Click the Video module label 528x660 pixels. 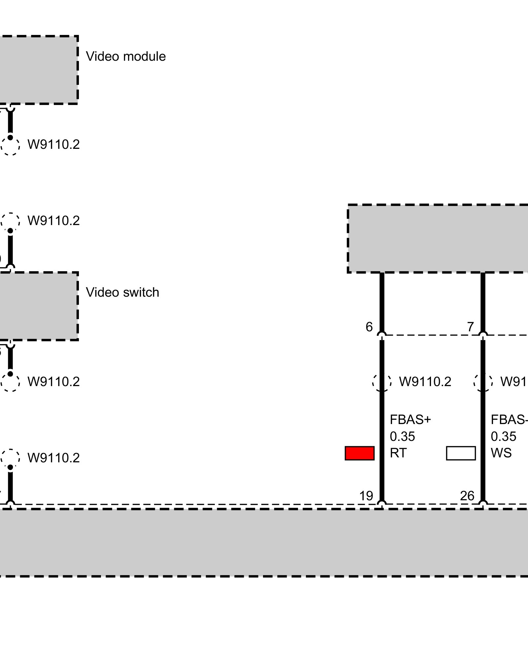click(126, 56)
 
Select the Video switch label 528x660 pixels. click(122, 292)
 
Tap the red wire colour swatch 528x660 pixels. click(359, 453)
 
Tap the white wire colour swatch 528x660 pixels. click(461, 453)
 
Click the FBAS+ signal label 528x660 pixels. click(410, 420)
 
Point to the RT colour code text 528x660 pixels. click(398, 453)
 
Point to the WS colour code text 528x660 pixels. click(501, 453)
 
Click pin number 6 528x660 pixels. click(369, 327)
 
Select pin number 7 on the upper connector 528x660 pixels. click(470, 327)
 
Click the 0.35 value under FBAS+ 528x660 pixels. click(402, 437)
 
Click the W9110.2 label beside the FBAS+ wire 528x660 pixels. click(425, 382)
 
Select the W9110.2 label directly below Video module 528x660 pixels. click(53, 145)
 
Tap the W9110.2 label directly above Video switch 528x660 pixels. click(53, 221)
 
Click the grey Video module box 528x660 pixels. click(38, 70)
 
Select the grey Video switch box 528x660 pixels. click(38, 306)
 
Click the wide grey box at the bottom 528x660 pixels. click(264, 543)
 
